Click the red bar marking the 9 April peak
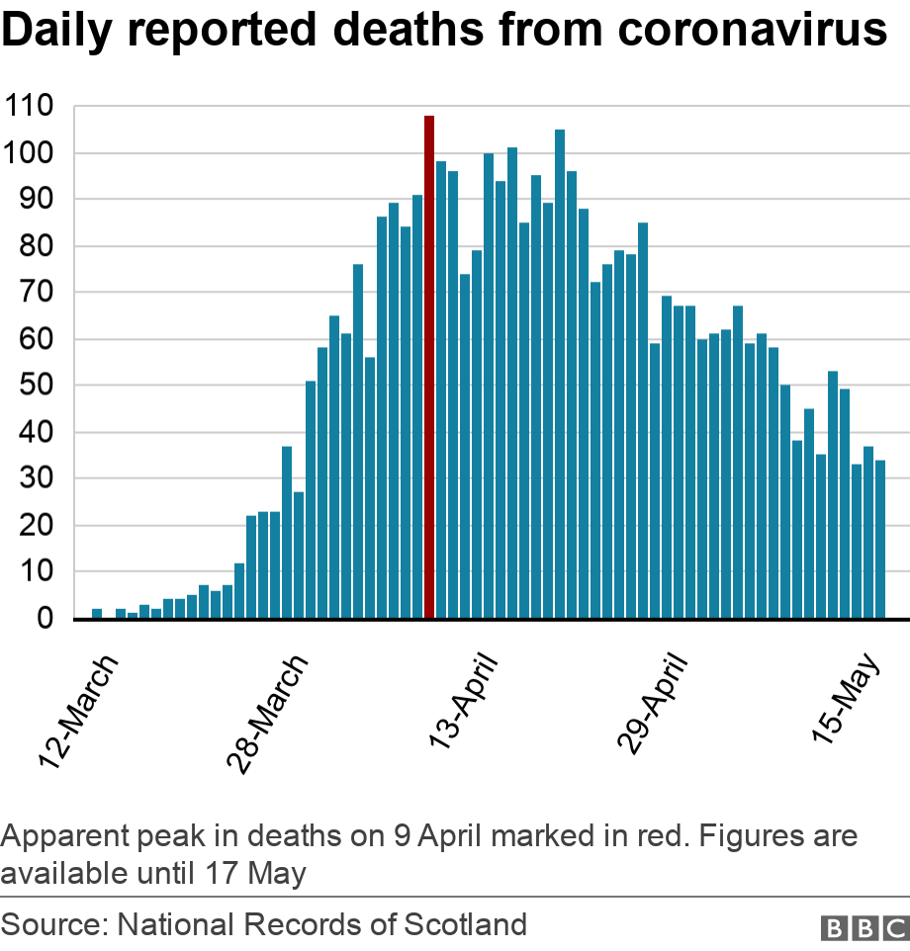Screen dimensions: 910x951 [x=429, y=367]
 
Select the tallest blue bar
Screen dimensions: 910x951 [x=560, y=374]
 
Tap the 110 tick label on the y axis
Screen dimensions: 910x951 [x=29, y=106]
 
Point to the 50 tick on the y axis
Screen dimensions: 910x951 [x=37, y=386]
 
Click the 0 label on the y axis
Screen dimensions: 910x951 [x=45, y=618]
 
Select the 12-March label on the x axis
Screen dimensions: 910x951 [x=78, y=712]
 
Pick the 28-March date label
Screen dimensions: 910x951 [x=267, y=714]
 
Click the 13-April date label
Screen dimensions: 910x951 [x=462, y=701]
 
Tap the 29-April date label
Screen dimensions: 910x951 [x=652, y=704]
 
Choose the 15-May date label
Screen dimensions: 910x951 [x=845, y=698]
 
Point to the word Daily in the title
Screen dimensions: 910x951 [x=57, y=31]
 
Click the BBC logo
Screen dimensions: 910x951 [x=864, y=928]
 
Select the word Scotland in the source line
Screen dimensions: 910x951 [x=465, y=924]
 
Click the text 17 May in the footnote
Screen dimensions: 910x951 [x=255, y=874]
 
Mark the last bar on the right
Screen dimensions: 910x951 [x=880, y=539]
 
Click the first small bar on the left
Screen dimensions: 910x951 [x=97, y=613]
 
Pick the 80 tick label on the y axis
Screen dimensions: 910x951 [x=37, y=245]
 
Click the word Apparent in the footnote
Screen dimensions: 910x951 [x=65, y=837]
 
